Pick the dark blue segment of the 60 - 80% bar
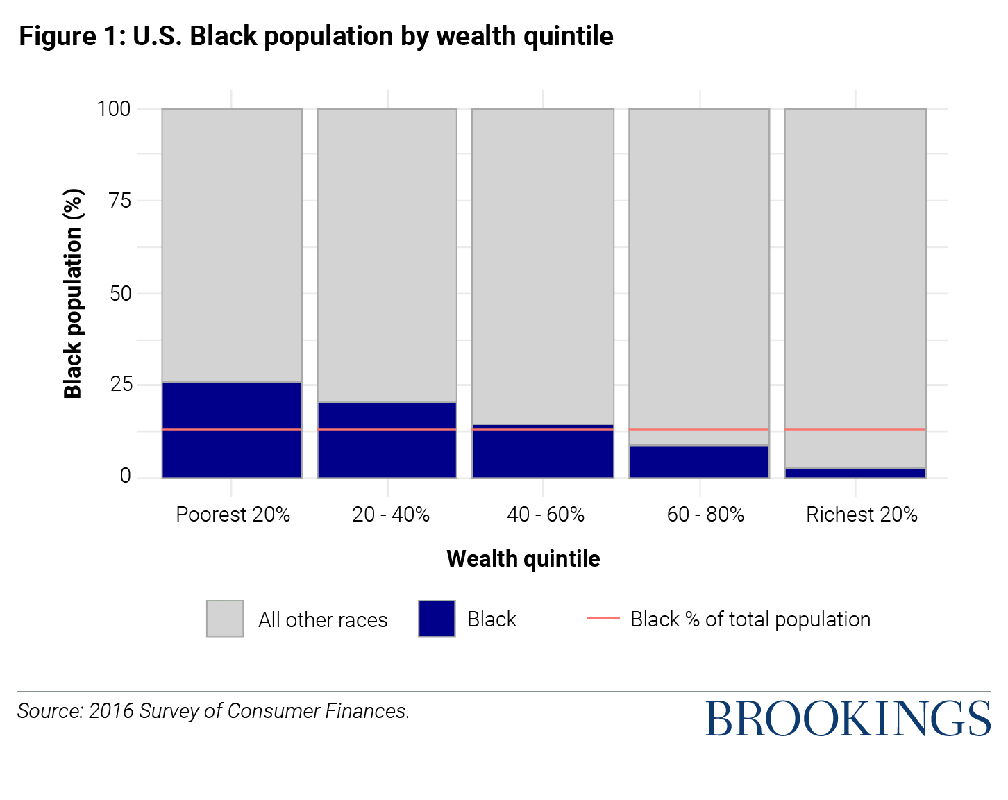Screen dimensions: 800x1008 699,462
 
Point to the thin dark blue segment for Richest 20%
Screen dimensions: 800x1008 855,473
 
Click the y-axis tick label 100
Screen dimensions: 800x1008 114,109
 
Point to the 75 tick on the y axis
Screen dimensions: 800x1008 119,201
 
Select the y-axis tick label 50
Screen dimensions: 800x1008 119,293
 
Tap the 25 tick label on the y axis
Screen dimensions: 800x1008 120,385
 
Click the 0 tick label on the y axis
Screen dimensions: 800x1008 125,476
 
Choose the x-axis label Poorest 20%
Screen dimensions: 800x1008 233,515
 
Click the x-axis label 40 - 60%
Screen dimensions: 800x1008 546,515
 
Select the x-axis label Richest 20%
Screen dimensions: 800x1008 862,515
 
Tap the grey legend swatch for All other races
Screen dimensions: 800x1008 225,619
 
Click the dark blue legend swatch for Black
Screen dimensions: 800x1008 437,619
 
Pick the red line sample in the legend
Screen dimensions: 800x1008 603,617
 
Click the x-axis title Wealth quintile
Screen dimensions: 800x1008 523,559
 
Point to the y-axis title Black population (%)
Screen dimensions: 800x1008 73,293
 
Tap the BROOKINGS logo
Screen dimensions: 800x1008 848,719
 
